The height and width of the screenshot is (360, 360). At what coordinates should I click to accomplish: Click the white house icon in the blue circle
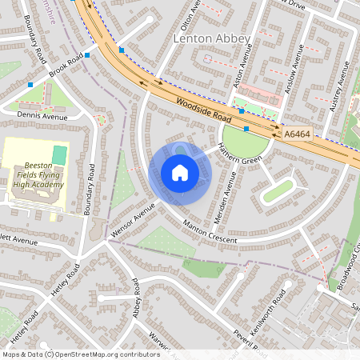pyautogui.click(x=180, y=173)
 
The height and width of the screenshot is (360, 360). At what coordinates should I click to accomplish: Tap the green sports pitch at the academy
pyautogui.click(x=60, y=153)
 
